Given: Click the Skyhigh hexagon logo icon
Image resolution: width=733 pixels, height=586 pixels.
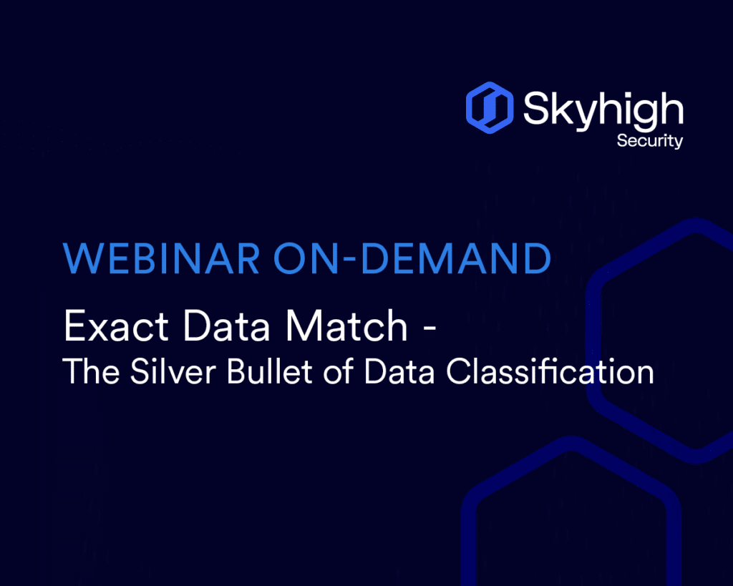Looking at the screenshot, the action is [x=490, y=107].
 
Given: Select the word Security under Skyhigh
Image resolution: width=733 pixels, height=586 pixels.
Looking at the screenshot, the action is [x=650, y=141].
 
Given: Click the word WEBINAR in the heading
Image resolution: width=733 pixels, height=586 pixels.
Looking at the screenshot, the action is [x=162, y=258].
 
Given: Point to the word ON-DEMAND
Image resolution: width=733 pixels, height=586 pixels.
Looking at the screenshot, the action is [x=412, y=258].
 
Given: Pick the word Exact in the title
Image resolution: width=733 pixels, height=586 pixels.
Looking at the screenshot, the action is [x=116, y=326].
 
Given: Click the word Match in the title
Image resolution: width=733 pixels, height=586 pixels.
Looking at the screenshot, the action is [x=346, y=326].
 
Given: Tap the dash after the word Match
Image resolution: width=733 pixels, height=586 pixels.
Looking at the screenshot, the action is [x=429, y=329].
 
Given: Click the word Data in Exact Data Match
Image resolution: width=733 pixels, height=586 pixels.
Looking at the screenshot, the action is [x=227, y=326].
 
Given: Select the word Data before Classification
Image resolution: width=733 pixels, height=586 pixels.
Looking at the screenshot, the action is [x=399, y=372].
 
